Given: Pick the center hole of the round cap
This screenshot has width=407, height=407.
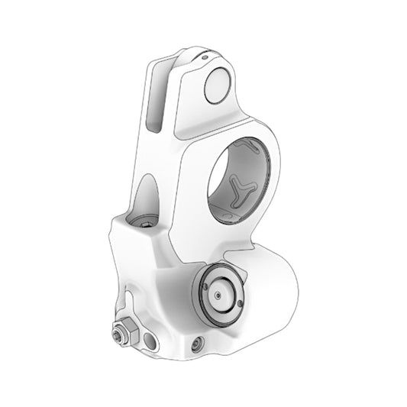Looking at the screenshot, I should (218, 294).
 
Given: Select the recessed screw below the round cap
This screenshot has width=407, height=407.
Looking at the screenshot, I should (199, 344).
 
